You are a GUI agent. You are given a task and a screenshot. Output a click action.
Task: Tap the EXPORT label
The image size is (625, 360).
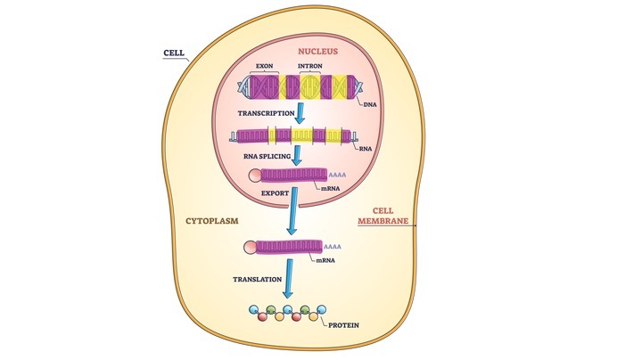(274, 192)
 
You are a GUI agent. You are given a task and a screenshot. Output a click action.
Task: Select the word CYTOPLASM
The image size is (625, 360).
(211, 217)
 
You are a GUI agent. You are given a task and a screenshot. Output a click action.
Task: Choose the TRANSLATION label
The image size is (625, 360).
(259, 279)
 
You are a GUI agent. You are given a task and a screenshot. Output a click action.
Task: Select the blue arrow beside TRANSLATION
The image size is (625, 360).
(287, 278)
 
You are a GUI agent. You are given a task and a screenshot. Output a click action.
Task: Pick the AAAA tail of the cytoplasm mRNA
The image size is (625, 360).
(333, 245)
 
